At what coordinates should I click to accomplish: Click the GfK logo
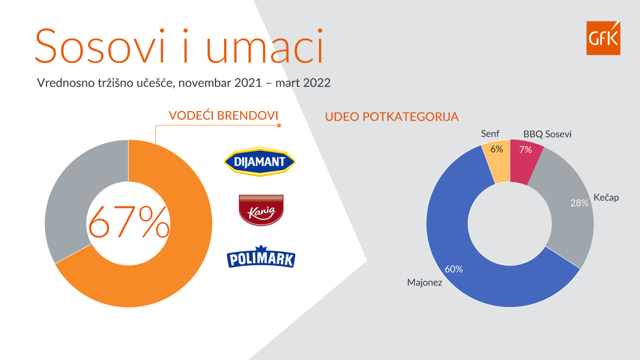[603, 37]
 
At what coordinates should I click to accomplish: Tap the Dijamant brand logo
[259, 161]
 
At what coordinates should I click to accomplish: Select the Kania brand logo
[261, 210]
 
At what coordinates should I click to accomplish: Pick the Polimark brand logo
[261, 256]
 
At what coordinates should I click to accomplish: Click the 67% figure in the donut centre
[128, 222]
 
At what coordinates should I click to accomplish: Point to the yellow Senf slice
[497, 161]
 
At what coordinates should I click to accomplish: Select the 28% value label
[579, 203]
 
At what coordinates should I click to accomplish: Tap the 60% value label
[453, 269]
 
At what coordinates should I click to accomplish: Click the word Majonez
[424, 282]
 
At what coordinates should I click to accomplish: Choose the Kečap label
[606, 197]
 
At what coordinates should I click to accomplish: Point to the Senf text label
[490, 133]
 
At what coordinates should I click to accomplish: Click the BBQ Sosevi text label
[547, 134]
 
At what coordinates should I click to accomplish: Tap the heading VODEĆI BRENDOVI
[223, 115]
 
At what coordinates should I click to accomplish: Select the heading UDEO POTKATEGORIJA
[391, 117]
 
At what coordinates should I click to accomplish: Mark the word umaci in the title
[264, 45]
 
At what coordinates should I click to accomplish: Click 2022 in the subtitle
[316, 83]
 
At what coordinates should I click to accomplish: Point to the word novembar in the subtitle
[204, 83]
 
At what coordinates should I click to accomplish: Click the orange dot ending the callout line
[279, 125]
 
